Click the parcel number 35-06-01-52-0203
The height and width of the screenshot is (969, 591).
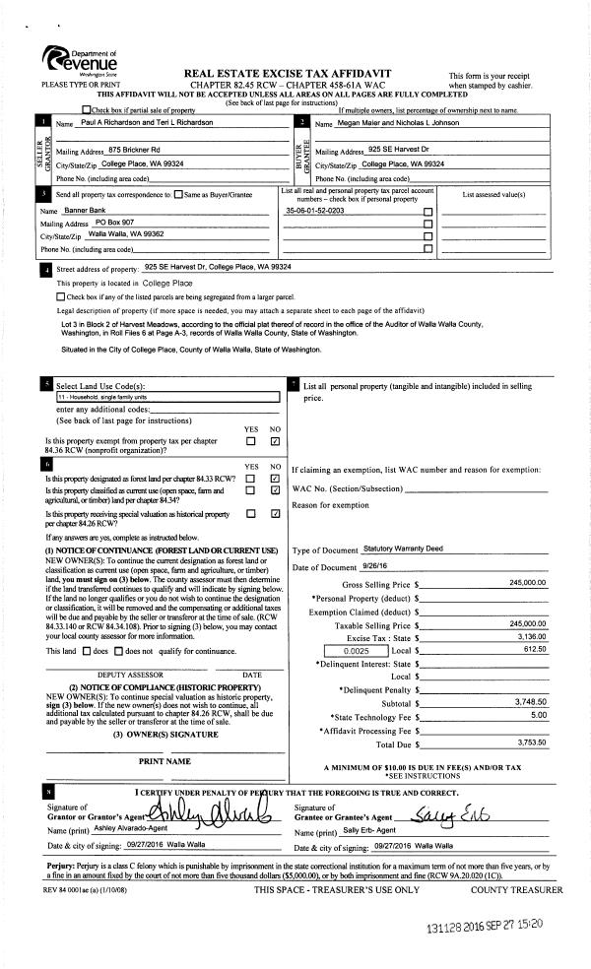pos(314,211)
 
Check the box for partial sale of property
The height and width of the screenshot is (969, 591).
pos(88,109)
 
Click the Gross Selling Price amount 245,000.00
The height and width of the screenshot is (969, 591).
pos(527,583)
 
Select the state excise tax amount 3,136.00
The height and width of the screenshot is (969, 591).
pos(530,636)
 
